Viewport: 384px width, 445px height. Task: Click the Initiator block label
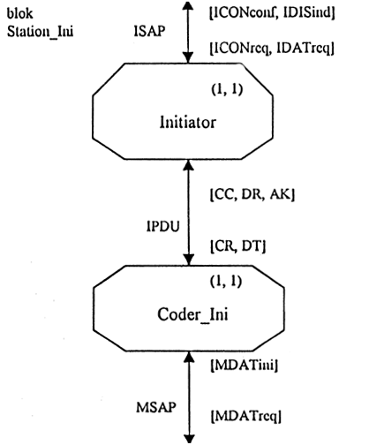pos(188,122)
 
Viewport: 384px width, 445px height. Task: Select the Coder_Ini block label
pos(192,314)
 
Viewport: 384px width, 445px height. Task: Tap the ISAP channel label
pos(149,31)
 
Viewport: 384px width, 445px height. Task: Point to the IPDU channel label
pos(162,227)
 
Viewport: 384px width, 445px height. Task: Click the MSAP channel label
pos(156,407)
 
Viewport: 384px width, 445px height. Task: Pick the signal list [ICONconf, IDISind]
pos(272,12)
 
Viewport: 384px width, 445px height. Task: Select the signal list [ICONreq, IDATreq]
pos(272,49)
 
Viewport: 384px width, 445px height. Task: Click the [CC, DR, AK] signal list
pos(252,194)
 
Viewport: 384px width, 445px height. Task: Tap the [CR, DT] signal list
pos(237,246)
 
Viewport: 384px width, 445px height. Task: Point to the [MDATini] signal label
pos(245,366)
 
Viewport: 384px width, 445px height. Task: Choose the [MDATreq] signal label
pos(246,417)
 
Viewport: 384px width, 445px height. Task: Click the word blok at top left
pos(19,13)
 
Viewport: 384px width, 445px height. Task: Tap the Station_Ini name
pos(40,32)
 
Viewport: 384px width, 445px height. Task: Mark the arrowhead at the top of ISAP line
pos(188,4)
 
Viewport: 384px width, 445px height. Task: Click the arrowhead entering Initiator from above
pos(188,58)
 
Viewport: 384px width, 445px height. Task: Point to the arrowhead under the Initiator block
pos(188,165)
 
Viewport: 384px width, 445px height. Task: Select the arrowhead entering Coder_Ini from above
pos(189,260)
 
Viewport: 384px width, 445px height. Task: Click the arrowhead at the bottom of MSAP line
pos(189,439)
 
